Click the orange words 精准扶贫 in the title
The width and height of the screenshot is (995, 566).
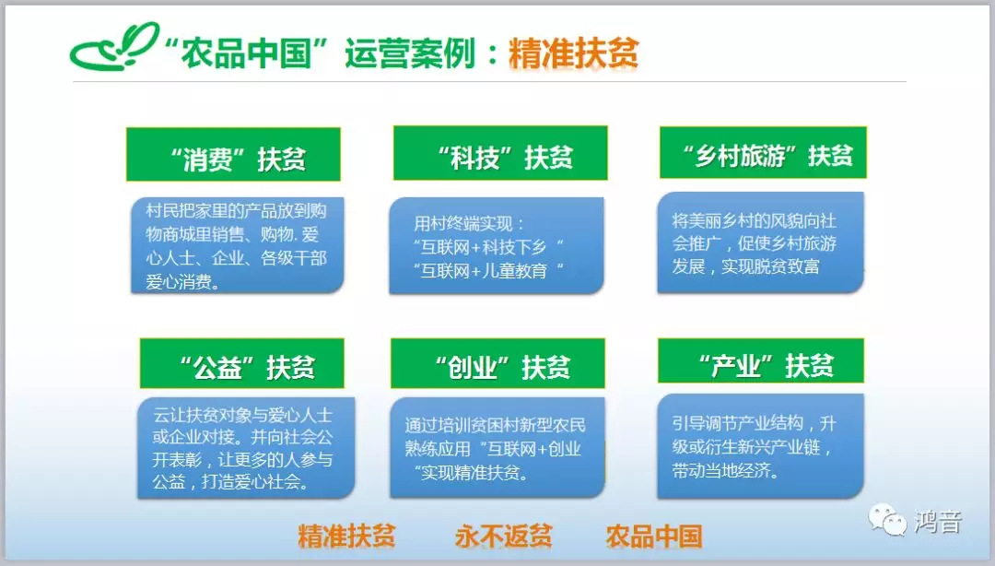(574, 53)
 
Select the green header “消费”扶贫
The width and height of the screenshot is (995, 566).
(233, 154)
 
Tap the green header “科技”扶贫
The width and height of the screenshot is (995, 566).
(500, 153)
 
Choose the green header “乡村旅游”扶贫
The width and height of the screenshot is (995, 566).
(763, 152)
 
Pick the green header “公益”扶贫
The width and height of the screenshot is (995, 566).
(241, 363)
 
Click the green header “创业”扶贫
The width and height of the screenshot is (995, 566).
(497, 363)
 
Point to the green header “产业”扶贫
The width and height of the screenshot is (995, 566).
(761, 360)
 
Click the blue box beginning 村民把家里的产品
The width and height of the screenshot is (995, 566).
(238, 245)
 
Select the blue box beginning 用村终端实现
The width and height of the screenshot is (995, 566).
(497, 246)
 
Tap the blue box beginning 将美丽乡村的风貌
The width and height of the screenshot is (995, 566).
(760, 242)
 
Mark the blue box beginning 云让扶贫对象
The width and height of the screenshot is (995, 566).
(246, 448)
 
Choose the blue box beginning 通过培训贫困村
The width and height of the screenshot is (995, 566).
(497, 447)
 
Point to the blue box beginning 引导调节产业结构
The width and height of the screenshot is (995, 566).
(760, 446)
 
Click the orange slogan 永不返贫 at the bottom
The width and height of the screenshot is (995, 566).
(503, 537)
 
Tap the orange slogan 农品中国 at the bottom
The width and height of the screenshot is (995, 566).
(653, 537)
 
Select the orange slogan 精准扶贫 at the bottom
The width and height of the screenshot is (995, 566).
(346, 537)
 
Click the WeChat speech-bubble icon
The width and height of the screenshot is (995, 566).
(887, 520)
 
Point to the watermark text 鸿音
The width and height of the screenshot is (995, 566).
(938, 522)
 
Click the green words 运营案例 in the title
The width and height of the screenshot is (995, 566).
(410, 53)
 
